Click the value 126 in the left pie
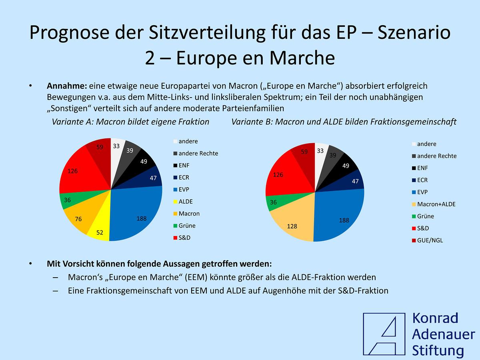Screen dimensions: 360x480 pos(72,171)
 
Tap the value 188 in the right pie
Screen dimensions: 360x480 pos(344,220)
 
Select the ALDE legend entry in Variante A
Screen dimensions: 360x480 pos(185,202)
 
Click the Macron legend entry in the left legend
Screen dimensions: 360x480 pos(188,214)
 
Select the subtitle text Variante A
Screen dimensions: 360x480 pos(71,122)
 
